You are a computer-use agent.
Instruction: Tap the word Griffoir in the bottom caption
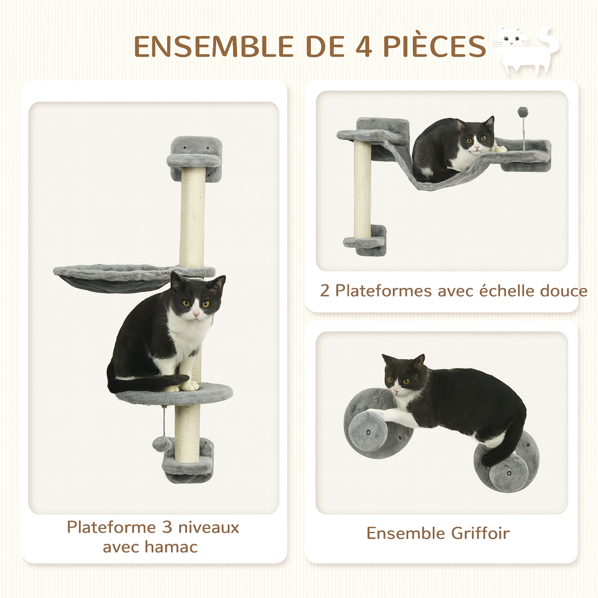point(480,533)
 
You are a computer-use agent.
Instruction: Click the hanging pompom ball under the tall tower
point(161,444)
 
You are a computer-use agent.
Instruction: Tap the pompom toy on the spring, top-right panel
point(523,112)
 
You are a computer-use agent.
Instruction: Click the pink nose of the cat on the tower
point(197,314)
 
